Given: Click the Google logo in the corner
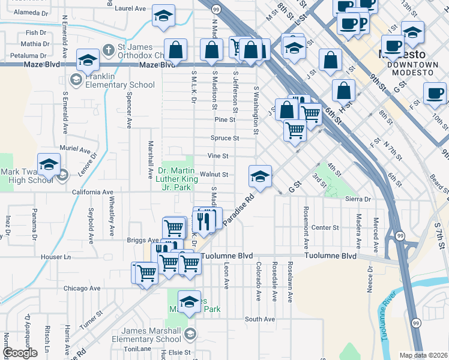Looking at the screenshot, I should [20, 353].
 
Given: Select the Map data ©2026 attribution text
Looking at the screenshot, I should [423, 355].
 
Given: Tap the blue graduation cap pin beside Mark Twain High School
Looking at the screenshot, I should [49, 164].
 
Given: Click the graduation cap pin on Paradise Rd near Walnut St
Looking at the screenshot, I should [260, 176].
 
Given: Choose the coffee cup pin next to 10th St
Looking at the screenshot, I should [435, 93].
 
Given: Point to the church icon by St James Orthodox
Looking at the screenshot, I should [109, 49].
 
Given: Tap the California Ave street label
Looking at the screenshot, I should [93, 193].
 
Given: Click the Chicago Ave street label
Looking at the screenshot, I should [84, 288].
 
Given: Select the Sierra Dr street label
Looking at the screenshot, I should [358, 199].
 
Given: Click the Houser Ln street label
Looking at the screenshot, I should [56, 257].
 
